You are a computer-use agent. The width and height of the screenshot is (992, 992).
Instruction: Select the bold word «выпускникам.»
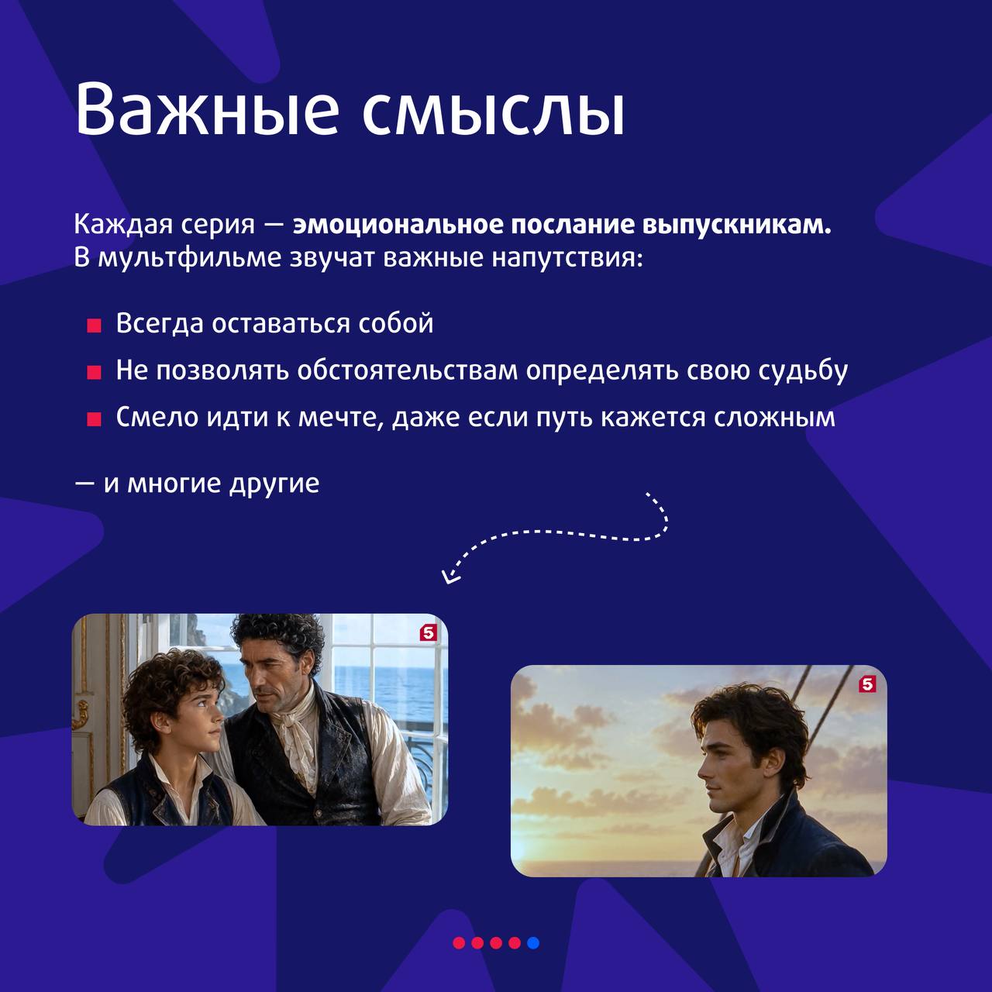click(x=737, y=227)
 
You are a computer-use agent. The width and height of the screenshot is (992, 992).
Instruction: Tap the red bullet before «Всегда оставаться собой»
click(x=94, y=325)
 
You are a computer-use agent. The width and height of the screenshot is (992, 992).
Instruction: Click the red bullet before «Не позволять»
click(x=94, y=372)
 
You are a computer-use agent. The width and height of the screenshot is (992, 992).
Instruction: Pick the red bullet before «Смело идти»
click(x=94, y=419)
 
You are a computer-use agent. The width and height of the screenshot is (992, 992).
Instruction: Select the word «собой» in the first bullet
click(x=395, y=323)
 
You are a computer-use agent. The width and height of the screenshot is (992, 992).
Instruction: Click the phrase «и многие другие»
click(x=212, y=484)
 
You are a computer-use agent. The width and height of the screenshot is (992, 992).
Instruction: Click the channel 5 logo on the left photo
click(x=428, y=632)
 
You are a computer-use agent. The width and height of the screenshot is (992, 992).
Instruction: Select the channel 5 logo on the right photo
click(x=867, y=684)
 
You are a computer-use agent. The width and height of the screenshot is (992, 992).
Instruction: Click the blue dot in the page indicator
click(x=533, y=942)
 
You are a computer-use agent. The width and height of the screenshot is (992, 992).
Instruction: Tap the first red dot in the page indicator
click(x=459, y=942)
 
